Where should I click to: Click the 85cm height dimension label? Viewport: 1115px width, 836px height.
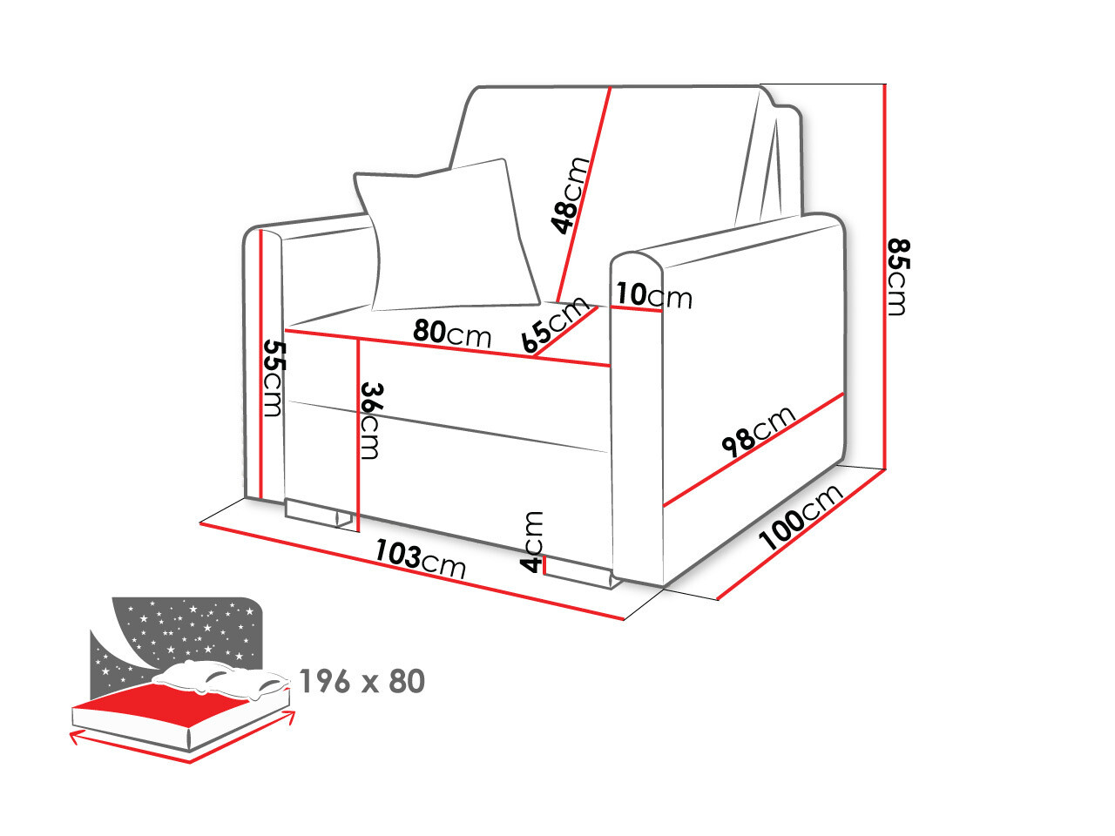click(897, 277)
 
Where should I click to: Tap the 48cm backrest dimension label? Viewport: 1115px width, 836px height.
click(570, 196)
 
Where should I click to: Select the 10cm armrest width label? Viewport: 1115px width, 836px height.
click(654, 295)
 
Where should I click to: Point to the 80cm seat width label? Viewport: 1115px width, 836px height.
click(452, 332)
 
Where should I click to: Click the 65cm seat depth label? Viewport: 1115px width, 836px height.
click(555, 324)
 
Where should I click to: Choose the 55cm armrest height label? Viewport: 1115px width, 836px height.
click(274, 379)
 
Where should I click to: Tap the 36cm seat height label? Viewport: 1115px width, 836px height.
click(371, 421)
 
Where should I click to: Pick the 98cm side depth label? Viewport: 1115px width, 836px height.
click(759, 431)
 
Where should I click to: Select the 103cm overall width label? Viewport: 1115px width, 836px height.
click(420, 559)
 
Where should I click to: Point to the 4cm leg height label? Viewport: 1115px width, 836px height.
click(532, 543)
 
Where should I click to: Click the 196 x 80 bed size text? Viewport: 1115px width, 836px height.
click(362, 681)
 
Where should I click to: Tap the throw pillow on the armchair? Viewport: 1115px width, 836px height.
click(445, 235)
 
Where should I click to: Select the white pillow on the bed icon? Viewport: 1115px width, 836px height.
click(221, 678)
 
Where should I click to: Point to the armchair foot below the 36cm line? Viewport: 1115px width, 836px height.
click(318, 513)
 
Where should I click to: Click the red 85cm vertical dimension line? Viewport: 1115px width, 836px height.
click(885, 277)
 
